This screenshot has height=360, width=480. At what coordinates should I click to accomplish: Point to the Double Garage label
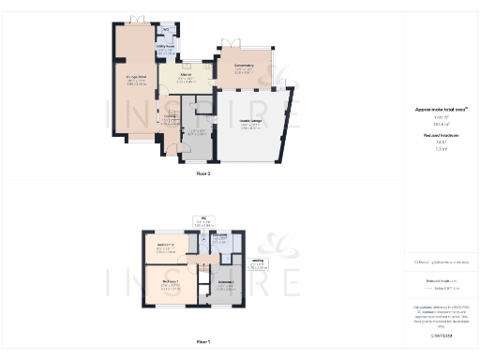tap(250, 126)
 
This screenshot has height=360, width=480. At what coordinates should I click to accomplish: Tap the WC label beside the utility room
tap(166, 30)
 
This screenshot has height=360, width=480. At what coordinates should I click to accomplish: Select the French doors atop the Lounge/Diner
tap(138, 19)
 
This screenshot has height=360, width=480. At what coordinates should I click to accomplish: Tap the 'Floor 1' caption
tap(203, 342)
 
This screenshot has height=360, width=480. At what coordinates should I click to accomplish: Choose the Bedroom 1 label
tap(169, 284)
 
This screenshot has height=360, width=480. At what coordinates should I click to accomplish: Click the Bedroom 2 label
tap(163, 249)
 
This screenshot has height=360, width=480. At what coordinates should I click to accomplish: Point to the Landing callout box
tap(259, 265)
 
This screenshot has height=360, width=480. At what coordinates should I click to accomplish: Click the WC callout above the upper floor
tap(203, 222)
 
